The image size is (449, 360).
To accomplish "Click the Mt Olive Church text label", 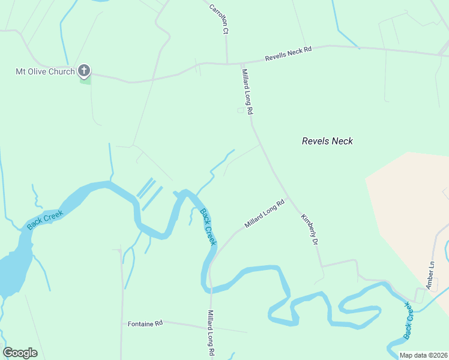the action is [x=45, y=72].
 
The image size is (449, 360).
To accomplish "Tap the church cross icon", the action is [x=84, y=71].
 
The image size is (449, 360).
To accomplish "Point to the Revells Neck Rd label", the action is [x=289, y=55].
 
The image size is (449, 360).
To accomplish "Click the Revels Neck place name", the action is [x=327, y=142].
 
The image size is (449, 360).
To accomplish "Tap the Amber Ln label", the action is [x=430, y=275].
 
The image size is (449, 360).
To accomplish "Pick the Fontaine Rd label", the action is [x=145, y=324].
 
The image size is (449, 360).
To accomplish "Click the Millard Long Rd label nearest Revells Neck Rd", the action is [x=248, y=91].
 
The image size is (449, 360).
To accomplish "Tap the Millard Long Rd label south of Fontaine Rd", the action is [x=211, y=334].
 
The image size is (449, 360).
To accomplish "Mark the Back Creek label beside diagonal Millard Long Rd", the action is [x=207, y=226].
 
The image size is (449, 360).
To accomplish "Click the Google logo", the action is [x=20, y=353].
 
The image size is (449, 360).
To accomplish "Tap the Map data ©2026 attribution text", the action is [x=423, y=355].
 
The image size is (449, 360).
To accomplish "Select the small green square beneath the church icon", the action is [x=85, y=81].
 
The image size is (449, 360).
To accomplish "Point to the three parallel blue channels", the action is [x=149, y=193].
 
